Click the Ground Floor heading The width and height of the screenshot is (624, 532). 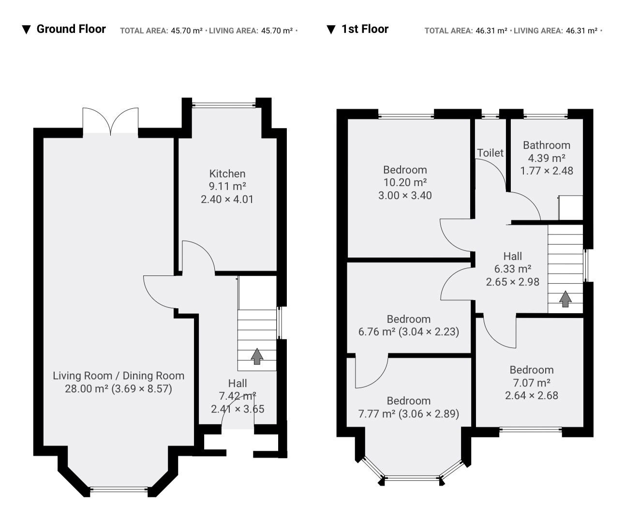point(71,29)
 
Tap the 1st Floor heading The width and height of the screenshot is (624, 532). point(365,29)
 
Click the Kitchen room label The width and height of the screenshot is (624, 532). point(227,174)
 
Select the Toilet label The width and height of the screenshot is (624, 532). point(490,153)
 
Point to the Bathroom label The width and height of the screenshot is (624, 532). point(547,145)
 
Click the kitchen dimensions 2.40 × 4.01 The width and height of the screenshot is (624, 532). point(227,200)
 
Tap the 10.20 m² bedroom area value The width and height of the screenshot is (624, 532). point(405,183)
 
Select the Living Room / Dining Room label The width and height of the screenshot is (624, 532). point(119,376)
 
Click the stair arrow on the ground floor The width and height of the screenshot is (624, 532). point(257,356)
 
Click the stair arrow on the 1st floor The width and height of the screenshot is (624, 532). point(565,299)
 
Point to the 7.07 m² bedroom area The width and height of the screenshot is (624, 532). point(532,383)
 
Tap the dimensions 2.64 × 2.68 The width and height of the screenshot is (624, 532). point(532,395)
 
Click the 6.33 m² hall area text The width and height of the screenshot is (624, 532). point(513,269)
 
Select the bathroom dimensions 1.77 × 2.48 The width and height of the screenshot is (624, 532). point(547,171)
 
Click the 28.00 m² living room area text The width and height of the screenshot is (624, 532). point(87,389)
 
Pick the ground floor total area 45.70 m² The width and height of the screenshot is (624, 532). point(187,31)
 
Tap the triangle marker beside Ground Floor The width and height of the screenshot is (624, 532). point(27,30)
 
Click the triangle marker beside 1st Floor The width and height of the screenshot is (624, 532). point(331,30)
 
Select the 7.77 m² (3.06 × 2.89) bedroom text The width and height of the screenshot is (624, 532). point(409,414)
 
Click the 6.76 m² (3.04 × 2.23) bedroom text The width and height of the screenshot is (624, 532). point(409,332)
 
